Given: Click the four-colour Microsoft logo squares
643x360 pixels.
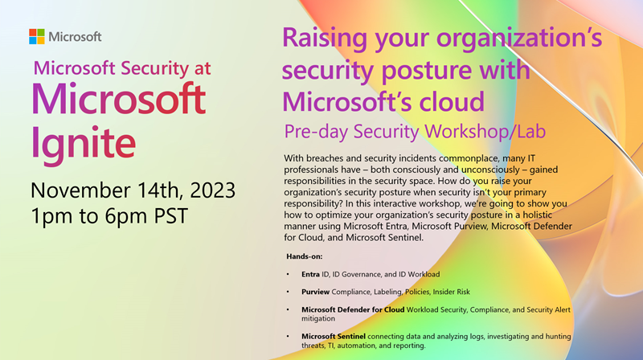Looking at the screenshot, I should coord(37,36).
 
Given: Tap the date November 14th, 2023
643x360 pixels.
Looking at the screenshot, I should coord(133,191).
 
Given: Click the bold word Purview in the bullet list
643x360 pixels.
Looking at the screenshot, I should coord(316,292).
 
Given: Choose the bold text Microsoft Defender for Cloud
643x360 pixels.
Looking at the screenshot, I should coord(347,309).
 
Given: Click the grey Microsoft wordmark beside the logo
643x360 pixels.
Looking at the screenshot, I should coord(76,36).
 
